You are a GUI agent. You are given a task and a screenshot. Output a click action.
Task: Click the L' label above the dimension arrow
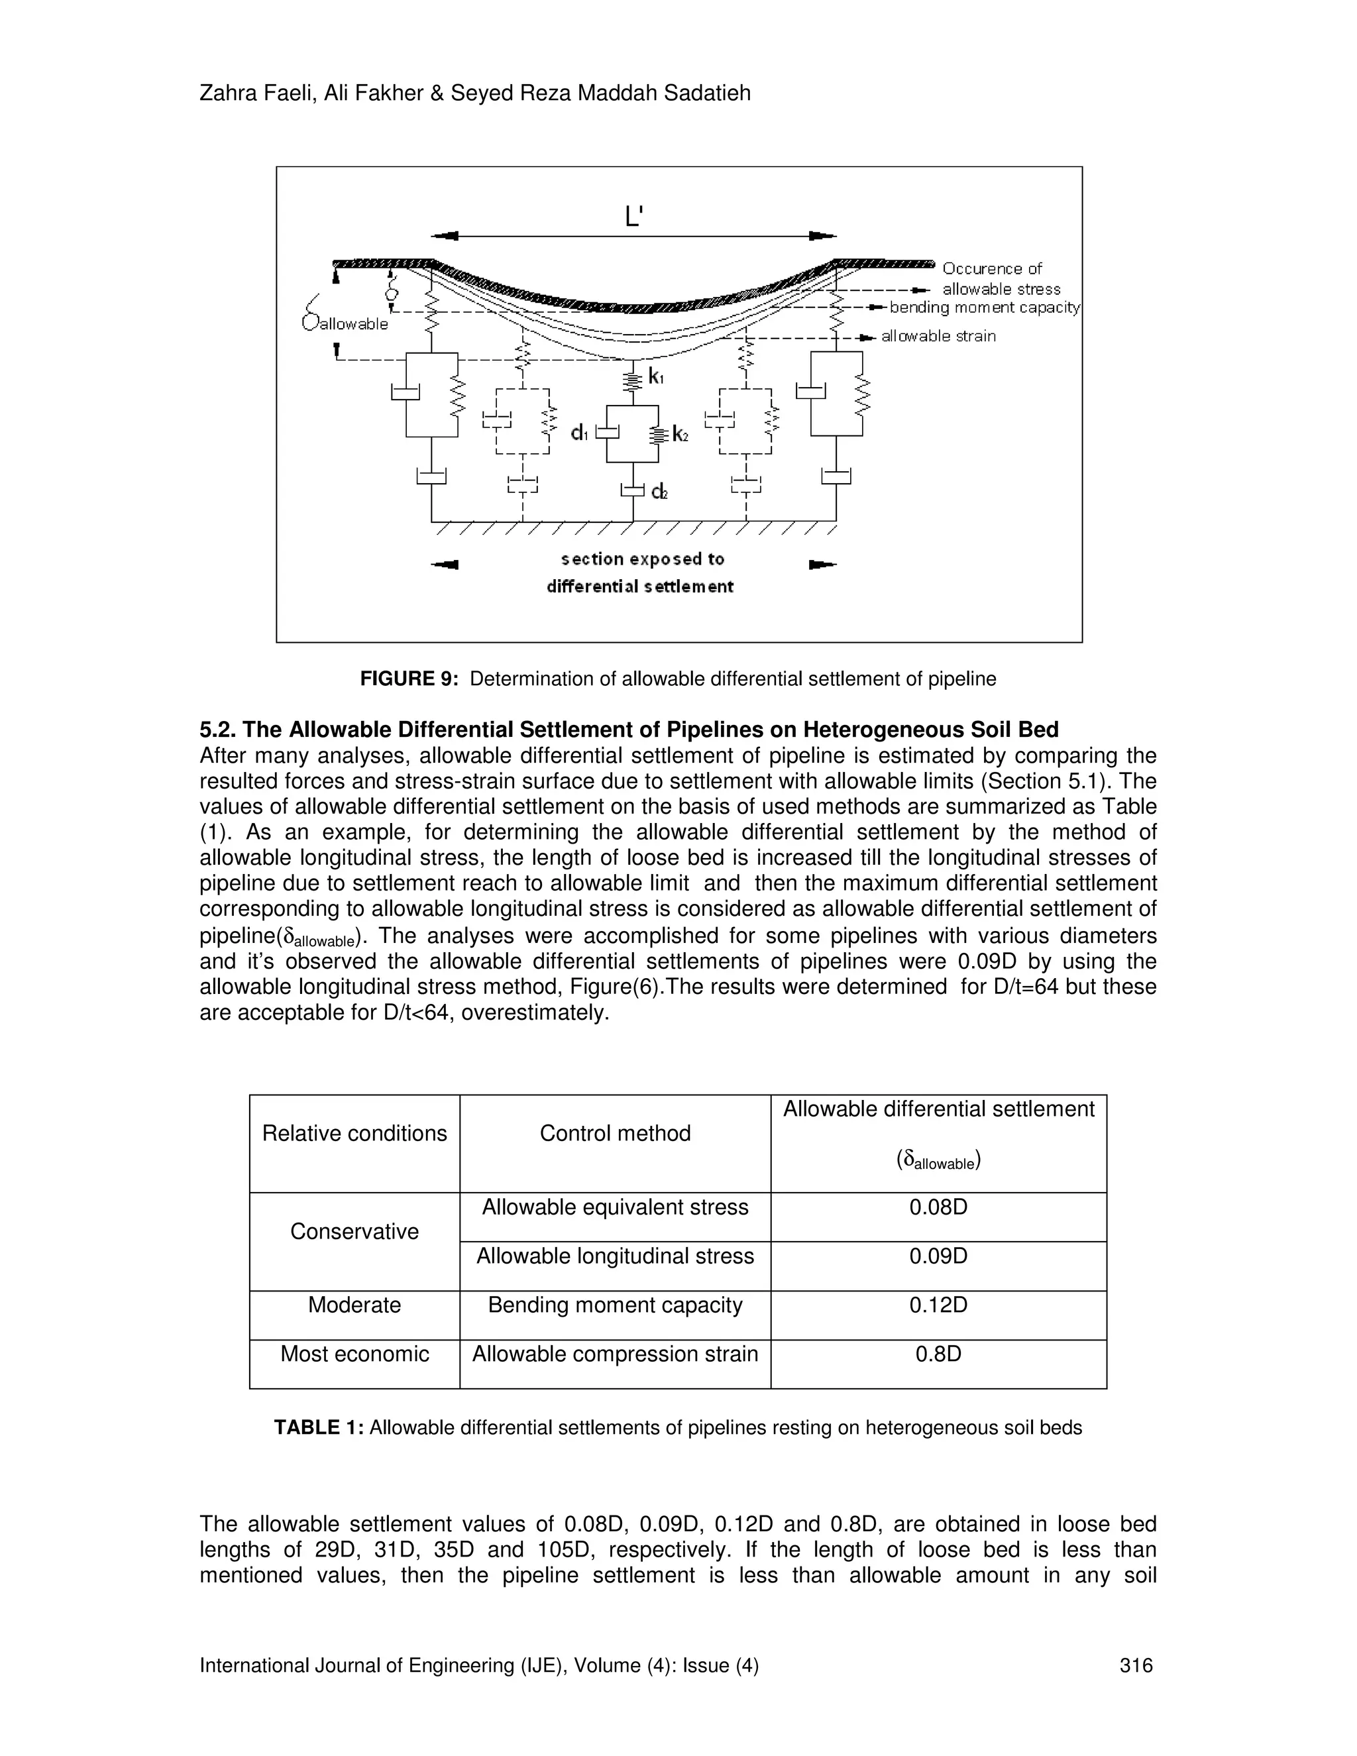pyautogui.click(x=633, y=215)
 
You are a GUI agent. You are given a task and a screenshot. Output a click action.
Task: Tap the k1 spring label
pyautogui.click(x=655, y=376)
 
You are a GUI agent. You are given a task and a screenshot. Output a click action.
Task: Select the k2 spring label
pyautogui.click(x=680, y=435)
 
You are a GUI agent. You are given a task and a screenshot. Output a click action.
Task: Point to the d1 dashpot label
pyautogui.click(x=580, y=433)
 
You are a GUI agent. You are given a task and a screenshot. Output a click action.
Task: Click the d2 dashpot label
pyautogui.click(x=659, y=491)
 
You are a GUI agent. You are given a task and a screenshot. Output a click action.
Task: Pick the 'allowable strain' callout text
pyautogui.click(x=938, y=336)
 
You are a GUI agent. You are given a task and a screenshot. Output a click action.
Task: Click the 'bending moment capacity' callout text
pyautogui.click(x=985, y=307)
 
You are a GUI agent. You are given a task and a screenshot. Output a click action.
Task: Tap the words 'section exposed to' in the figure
pyautogui.click(x=642, y=559)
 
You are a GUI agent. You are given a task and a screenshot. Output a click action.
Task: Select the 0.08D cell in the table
pyautogui.click(x=938, y=1207)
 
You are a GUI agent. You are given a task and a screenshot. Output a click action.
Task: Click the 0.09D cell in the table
pyautogui.click(x=938, y=1256)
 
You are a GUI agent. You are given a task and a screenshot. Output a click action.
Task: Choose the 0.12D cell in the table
pyautogui.click(x=938, y=1305)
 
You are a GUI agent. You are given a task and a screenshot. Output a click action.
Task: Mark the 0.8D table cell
pyautogui.click(x=938, y=1354)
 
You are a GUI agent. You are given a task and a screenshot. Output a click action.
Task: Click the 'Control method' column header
pyautogui.click(x=615, y=1133)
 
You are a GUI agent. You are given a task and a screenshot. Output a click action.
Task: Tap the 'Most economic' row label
pyautogui.click(x=354, y=1354)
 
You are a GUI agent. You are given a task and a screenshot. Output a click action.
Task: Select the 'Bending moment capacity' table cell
pyautogui.click(x=615, y=1305)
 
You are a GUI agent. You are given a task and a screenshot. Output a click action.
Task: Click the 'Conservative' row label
pyautogui.click(x=354, y=1232)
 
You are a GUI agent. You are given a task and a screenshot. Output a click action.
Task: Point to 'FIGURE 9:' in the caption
pyautogui.click(x=408, y=679)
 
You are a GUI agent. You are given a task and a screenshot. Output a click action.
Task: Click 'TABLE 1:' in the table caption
pyautogui.click(x=319, y=1427)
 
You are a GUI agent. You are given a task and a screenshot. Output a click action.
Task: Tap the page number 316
pyautogui.click(x=1136, y=1665)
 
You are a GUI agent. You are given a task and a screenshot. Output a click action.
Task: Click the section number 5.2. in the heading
pyautogui.click(x=218, y=730)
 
